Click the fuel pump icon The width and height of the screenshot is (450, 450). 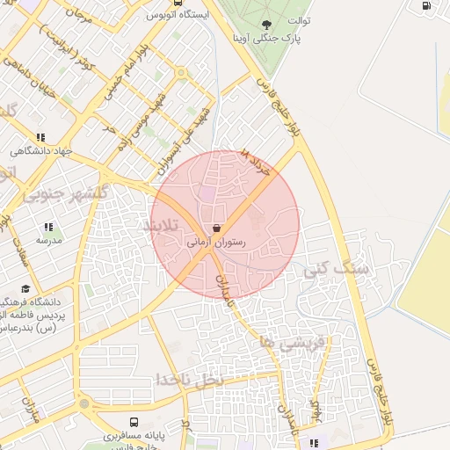[427, 5]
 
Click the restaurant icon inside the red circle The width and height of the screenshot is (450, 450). [216, 228]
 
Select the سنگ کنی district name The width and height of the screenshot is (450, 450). [337, 268]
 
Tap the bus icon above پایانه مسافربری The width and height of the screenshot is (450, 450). [134, 422]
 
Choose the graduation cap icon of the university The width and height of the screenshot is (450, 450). [25, 288]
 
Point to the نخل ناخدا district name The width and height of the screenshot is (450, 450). [188, 378]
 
